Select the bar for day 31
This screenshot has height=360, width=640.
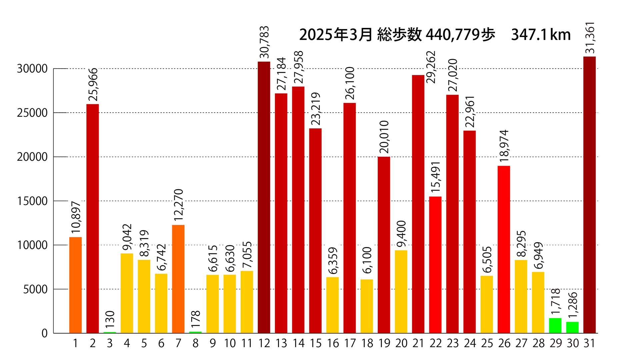[x=589, y=195]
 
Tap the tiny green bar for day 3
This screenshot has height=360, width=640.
[x=110, y=332]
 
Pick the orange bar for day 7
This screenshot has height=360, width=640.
[x=178, y=279]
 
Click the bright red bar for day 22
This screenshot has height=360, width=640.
[x=435, y=265]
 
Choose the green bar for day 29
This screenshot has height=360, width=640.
[x=555, y=326]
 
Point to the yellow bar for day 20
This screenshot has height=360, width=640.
[x=401, y=292]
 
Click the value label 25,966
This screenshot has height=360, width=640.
[x=93, y=85]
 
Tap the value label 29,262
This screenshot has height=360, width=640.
[x=431, y=67]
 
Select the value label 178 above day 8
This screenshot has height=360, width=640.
[x=196, y=319]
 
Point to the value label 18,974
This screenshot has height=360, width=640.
[x=504, y=146]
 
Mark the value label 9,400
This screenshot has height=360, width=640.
[x=401, y=234]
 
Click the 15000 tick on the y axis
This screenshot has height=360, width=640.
[x=32, y=201]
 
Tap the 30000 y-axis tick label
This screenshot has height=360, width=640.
[x=32, y=69]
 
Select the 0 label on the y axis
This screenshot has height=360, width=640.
[x=45, y=333]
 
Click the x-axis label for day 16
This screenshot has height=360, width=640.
[x=333, y=343]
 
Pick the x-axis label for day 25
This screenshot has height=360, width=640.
[x=487, y=343]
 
